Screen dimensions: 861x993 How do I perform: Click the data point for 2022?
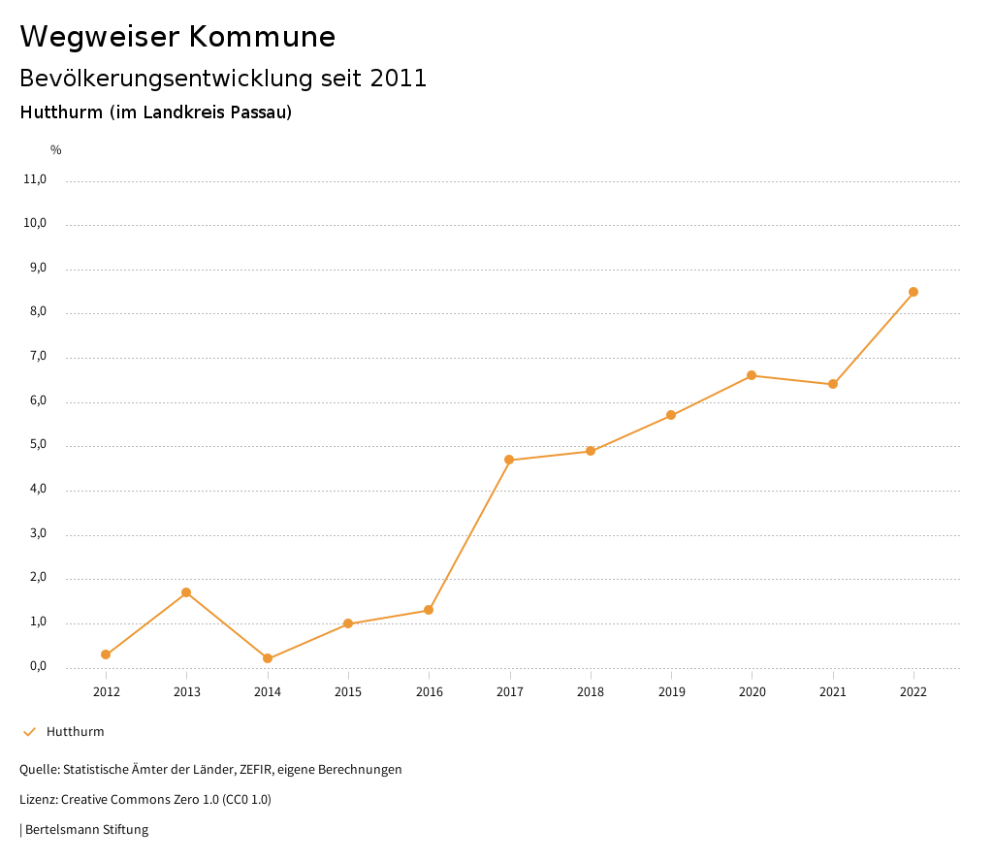(x=913, y=292)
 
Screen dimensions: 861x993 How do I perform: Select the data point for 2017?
(x=509, y=460)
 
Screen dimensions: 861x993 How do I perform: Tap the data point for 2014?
(x=268, y=658)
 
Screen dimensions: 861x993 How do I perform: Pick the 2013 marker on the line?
(x=186, y=592)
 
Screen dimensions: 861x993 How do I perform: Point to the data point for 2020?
(x=752, y=375)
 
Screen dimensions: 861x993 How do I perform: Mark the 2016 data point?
(x=429, y=610)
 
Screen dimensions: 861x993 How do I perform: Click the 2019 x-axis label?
(x=671, y=692)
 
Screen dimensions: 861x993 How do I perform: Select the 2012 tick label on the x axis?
(x=106, y=692)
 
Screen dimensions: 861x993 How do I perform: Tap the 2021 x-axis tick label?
(x=833, y=692)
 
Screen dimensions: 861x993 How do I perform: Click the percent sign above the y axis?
(x=56, y=150)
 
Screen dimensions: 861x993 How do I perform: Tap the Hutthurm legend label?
(x=75, y=732)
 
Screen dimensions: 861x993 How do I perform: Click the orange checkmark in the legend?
(x=29, y=732)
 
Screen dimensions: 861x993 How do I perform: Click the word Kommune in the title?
(x=262, y=37)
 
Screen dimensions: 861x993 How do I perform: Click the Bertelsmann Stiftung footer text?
(x=86, y=830)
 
